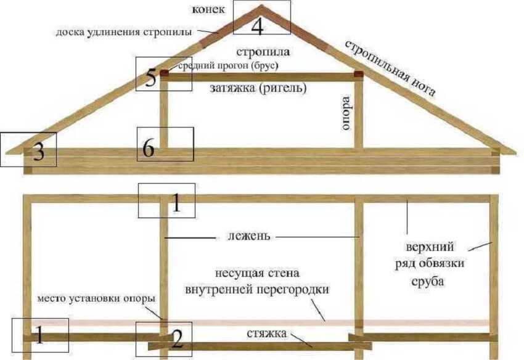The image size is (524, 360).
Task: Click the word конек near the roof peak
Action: tap(208, 10)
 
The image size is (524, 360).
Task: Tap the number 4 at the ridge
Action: tap(257, 27)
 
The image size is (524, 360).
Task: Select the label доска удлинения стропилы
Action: tap(124, 33)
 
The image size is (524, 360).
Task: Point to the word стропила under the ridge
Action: tap(263, 52)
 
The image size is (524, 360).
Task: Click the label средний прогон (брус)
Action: tap(228, 66)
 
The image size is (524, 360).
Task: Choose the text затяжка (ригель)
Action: tap(258, 88)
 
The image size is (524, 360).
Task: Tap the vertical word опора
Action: tap(346, 113)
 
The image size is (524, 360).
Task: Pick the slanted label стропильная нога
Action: tap(390, 68)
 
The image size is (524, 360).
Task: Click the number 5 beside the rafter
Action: tap(150, 78)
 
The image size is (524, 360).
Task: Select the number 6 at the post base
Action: tap(149, 148)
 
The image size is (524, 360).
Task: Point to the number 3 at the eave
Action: tap(38, 153)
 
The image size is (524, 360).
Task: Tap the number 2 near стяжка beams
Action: tap(176, 340)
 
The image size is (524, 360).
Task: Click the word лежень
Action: tap(248, 236)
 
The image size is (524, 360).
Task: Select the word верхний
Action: tap(430, 247)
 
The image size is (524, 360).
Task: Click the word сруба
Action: tap(427, 282)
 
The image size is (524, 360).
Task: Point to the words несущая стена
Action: tap(257, 274)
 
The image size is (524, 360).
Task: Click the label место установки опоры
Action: tap(96, 298)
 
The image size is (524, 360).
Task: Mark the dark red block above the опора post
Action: tap(358, 74)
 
